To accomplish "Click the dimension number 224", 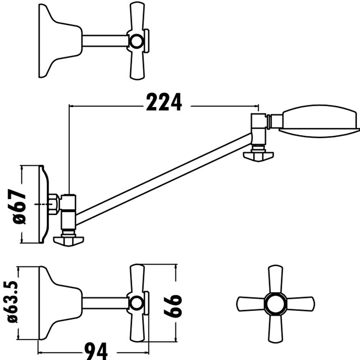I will click(x=163, y=103).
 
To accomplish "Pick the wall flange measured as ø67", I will click(x=44, y=205).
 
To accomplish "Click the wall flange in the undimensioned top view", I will click(x=56, y=40).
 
